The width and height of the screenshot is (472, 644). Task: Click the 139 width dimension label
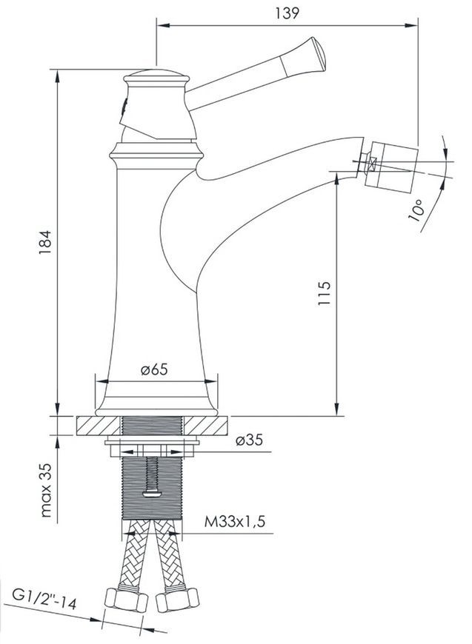coord(287,13)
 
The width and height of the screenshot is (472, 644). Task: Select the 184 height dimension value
coord(45,242)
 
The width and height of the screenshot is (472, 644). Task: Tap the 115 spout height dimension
coord(325,293)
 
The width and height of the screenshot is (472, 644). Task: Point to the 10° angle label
coord(416,210)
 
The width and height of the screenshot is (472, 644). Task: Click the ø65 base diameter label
coord(154,369)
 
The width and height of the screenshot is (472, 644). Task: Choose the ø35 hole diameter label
coord(249,440)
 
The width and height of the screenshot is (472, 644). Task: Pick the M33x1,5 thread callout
coord(235,522)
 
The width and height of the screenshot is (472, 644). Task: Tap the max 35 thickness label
coord(47,490)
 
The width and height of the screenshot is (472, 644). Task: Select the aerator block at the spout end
coord(391,167)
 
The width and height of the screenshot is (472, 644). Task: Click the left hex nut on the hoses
coord(127,600)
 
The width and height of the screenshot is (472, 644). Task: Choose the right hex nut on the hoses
coord(177,600)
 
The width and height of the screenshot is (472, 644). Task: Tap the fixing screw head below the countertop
coord(152,493)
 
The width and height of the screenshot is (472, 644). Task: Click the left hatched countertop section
coord(99,426)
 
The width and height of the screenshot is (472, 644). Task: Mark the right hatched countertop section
coord(205,426)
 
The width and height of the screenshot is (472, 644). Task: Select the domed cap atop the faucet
coord(156,75)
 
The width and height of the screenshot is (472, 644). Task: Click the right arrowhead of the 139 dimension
coord(411,25)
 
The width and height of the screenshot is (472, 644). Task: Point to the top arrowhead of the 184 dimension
coord(57,76)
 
